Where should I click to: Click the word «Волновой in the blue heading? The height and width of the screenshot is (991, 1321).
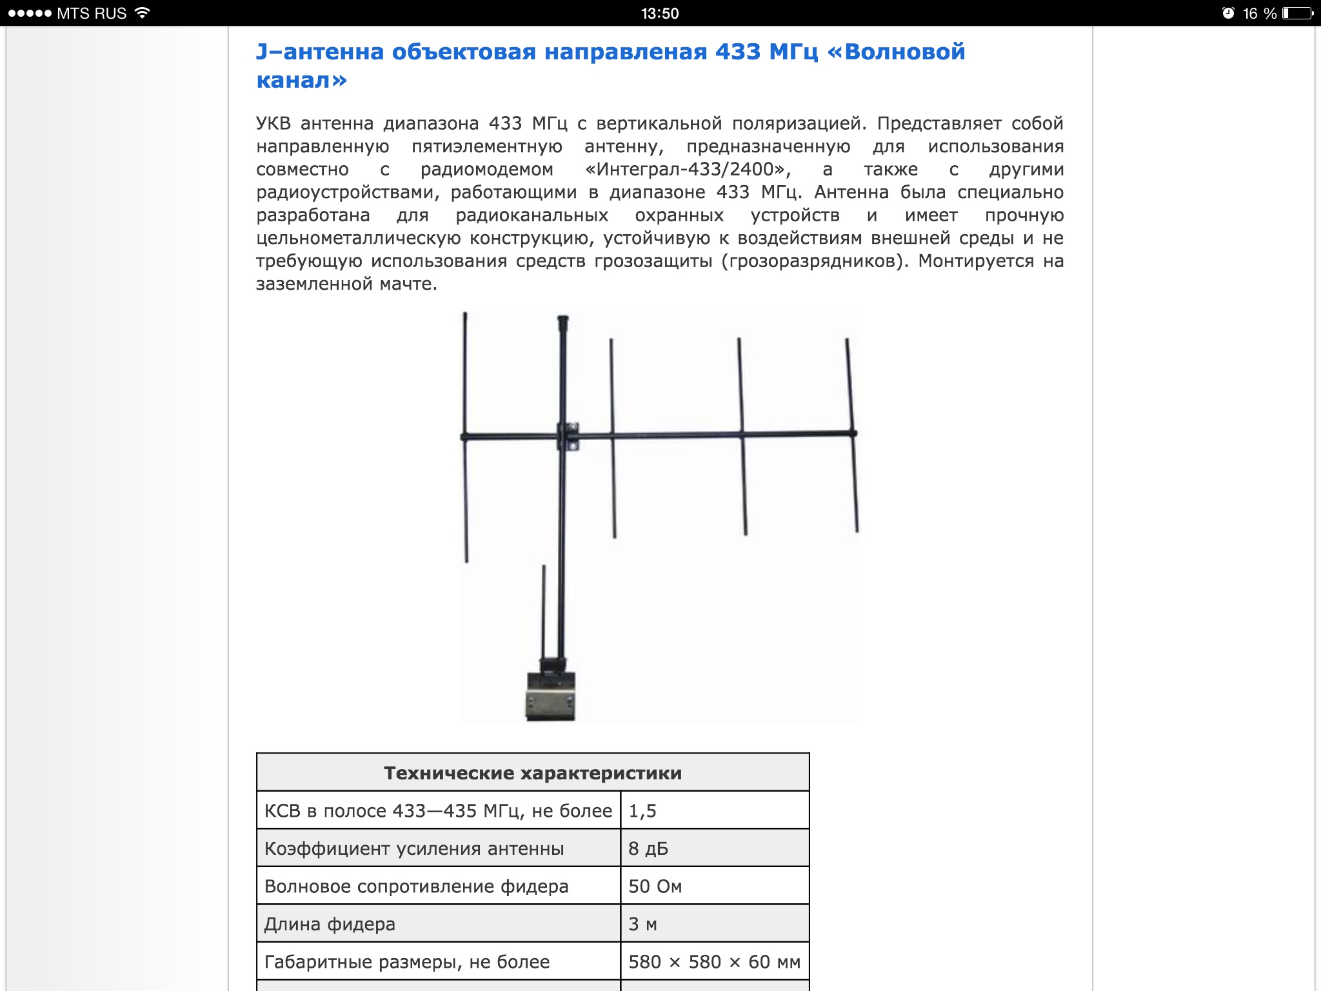[x=896, y=52]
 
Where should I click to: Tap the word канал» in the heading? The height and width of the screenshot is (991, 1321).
[x=301, y=80]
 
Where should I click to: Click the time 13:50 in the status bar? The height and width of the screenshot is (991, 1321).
[x=660, y=14]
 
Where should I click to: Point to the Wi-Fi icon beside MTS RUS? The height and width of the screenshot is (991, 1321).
[x=143, y=13]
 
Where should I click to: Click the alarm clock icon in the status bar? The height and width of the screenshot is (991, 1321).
[x=1228, y=14]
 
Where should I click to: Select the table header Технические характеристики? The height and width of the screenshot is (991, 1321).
[x=532, y=773]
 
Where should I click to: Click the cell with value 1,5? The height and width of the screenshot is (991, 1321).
[x=714, y=811]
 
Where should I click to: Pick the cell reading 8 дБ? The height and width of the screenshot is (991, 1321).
[x=714, y=848]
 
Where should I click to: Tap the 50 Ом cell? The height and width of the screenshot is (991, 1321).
[x=714, y=886]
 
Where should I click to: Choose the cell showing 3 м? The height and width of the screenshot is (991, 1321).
[x=714, y=924]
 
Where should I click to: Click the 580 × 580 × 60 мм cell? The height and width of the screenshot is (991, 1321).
[x=714, y=962]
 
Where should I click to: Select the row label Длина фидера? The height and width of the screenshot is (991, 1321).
[x=330, y=924]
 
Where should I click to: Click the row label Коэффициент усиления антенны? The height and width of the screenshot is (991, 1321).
[x=414, y=848]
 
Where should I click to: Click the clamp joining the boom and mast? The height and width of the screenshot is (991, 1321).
[x=568, y=436]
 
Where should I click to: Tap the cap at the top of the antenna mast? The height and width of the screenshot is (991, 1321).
[x=562, y=320]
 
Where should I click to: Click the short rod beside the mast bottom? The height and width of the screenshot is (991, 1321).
[x=543, y=610]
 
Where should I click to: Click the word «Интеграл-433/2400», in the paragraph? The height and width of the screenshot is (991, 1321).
[x=688, y=169]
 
